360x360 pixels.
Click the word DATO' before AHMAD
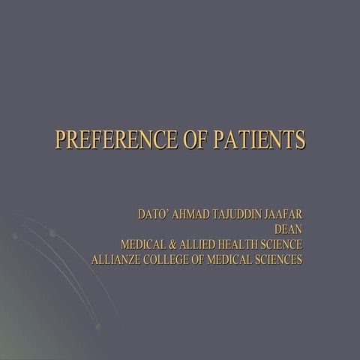(154, 215)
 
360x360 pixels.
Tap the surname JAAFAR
(286, 215)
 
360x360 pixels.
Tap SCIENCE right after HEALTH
(283, 245)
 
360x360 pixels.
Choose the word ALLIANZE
(115, 260)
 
